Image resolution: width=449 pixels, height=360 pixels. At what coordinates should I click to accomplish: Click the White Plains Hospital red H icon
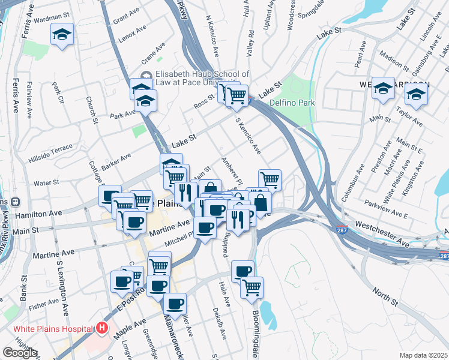click(102, 328)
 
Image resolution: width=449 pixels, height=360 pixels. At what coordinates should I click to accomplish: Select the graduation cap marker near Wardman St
click(61, 35)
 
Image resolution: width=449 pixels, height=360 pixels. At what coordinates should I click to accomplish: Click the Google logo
click(20, 353)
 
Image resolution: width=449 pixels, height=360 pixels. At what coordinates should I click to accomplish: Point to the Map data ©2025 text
click(424, 355)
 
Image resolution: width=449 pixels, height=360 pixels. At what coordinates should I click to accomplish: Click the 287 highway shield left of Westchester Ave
click(342, 230)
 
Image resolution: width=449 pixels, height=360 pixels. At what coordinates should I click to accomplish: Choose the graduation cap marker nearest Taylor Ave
click(416, 94)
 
